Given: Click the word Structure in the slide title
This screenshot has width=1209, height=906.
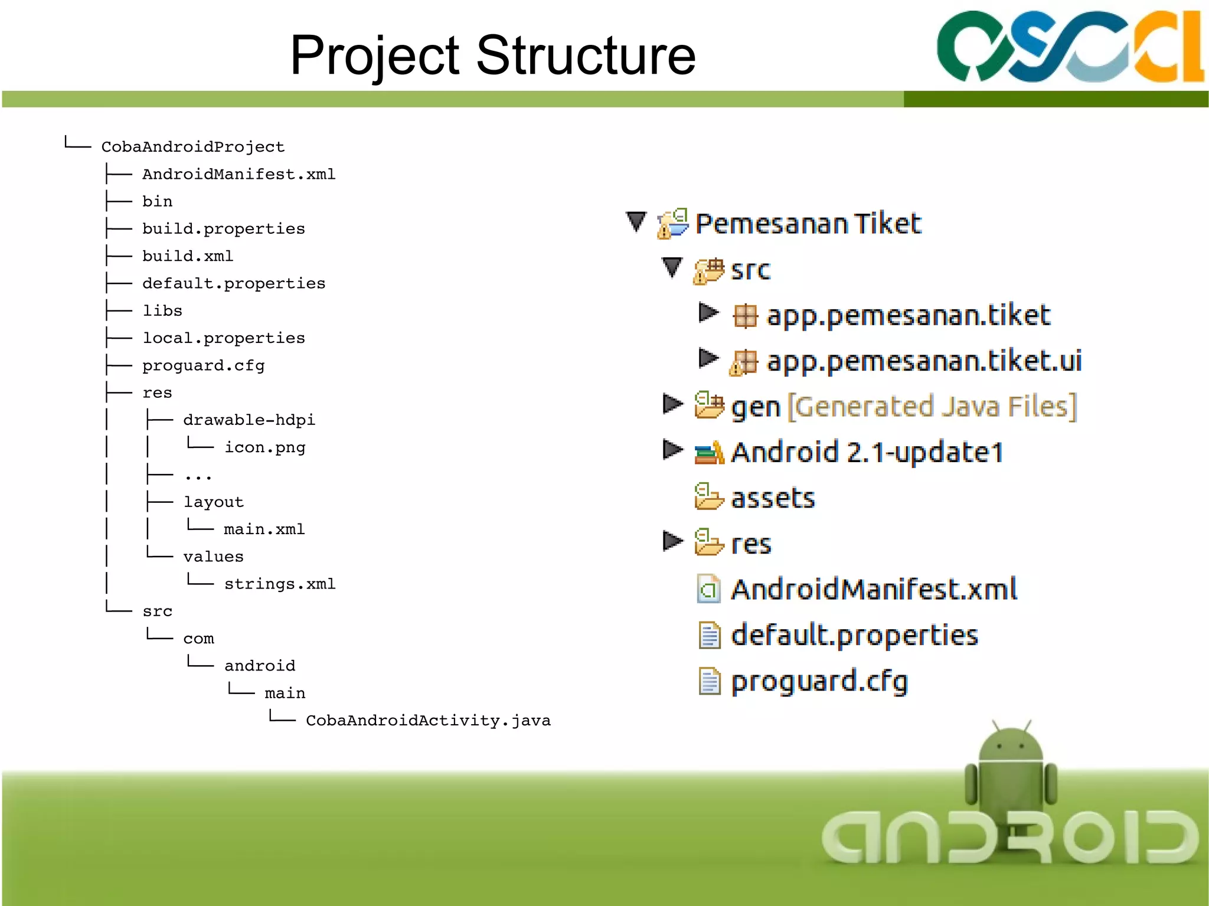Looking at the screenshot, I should click(586, 55).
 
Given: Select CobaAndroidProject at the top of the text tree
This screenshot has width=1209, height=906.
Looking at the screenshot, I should click(192, 147).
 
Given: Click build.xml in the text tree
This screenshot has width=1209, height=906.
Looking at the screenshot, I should click(188, 256).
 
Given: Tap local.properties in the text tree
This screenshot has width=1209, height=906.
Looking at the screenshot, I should click(223, 338).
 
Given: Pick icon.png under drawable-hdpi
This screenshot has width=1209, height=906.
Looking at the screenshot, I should click(264, 447).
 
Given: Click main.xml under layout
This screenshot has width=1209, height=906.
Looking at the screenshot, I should click(264, 529).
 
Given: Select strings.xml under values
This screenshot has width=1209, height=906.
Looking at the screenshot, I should click(279, 584).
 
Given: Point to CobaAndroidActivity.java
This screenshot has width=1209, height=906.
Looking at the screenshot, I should click(428, 721).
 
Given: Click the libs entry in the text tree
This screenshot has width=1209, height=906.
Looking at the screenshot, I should click(162, 311).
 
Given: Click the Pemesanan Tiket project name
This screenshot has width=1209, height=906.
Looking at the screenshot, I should click(808, 224).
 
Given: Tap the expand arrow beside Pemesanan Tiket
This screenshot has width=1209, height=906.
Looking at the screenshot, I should click(636, 222).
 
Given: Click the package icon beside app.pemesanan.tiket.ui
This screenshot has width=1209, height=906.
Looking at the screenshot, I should click(743, 362).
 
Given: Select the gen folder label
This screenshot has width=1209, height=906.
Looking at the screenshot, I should click(756, 407).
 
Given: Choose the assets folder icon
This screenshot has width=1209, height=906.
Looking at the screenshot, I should click(708, 497).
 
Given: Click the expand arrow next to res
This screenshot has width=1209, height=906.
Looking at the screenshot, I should click(672, 541).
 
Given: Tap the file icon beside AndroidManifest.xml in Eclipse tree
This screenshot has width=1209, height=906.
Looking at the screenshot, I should click(709, 589).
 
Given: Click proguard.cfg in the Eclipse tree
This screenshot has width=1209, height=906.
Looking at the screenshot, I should click(819, 682).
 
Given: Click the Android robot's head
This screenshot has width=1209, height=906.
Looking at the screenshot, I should click(1011, 744).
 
